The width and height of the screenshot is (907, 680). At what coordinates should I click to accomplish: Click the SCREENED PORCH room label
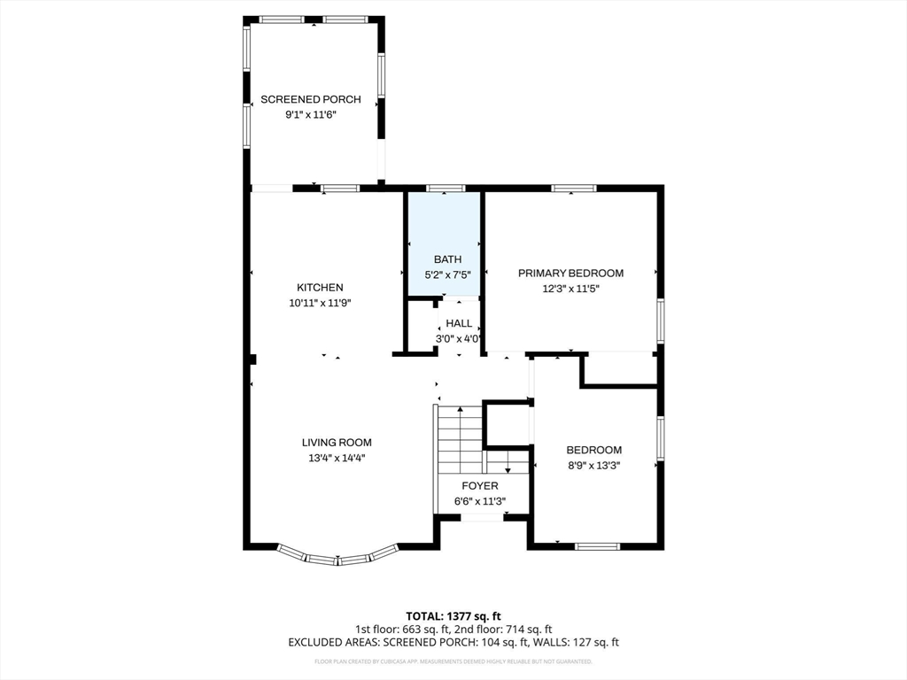click(x=310, y=99)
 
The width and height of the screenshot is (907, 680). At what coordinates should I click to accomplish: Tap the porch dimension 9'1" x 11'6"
click(x=310, y=114)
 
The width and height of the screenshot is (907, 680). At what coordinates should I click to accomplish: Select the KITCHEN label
click(x=320, y=288)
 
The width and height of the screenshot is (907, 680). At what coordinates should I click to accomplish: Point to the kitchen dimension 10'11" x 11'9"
click(x=320, y=303)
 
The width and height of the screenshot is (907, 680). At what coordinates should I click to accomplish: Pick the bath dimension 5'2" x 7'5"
click(x=447, y=274)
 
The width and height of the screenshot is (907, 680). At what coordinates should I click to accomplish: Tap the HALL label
click(x=459, y=323)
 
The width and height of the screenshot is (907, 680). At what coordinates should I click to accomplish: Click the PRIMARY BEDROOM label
click(x=570, y=273)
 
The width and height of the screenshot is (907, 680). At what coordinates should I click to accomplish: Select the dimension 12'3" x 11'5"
click(x=570, y=288)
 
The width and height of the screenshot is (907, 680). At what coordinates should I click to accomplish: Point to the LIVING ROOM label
click(x=337, y=443)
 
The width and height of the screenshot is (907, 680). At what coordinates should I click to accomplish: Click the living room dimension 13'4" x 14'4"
click(x=337, y=458)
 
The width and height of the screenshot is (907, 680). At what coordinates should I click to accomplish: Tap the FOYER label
click(x=480, y=486)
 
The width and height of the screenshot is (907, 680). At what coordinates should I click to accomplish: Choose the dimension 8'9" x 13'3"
click(x=593, y=464)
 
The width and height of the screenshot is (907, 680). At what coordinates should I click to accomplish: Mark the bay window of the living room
click(x=337, y=558)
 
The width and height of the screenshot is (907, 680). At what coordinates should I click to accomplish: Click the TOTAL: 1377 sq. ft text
click(x=453, y=615)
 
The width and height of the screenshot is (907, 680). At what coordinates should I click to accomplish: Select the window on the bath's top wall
click(x=445, y=188)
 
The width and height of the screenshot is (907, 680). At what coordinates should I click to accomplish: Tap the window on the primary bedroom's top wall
click(x=573, y=188)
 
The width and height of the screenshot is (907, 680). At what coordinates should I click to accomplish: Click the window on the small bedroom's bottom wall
click(x=597, y=546)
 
